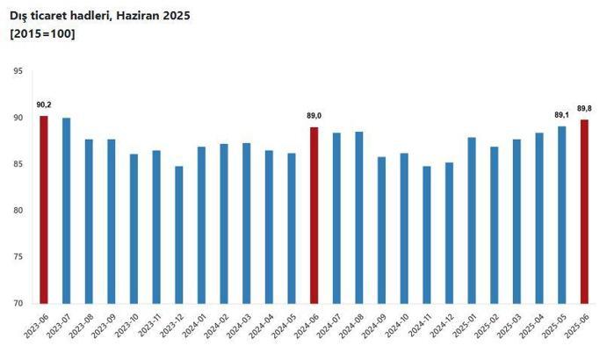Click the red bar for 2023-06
coord(43,211)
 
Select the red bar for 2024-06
coord(314,216)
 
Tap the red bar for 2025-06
coord(584,212)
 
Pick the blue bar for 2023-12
coord(178,235)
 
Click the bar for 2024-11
coord(427,235)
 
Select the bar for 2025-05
coord(561,215)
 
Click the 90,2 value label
coord(43,105)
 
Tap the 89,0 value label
coord(314,117)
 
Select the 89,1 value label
coord(561,115)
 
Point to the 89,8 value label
coord(584,109)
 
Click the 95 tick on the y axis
coord(18,71)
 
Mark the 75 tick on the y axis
coord(18,257)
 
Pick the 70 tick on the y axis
coord(18,304)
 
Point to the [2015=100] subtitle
coord(42,33)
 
